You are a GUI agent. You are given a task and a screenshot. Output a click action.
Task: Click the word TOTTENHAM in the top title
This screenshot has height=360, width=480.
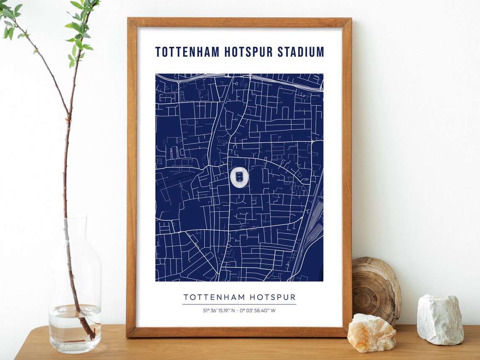[x=187, y=52]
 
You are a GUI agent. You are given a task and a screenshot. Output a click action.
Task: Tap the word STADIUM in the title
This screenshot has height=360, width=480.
[x=301, y=52]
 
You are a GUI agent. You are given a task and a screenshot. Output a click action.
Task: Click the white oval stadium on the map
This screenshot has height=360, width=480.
[x=240, y=177]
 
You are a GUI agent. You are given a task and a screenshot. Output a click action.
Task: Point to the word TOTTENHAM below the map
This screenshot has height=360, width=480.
[x=214, y=297]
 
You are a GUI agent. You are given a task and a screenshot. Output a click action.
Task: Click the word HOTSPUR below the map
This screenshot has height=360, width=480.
[x=272, y=297]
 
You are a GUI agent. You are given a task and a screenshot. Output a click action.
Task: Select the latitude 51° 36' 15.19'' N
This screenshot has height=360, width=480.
[x=219, y=311]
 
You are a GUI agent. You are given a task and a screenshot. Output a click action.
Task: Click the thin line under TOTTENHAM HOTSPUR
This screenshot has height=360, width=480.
[x=239, y=304]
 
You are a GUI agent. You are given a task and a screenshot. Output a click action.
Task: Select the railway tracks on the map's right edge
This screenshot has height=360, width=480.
[x=312, y=236]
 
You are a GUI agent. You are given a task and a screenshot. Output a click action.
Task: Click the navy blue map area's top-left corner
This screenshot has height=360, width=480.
[x=156, y=75]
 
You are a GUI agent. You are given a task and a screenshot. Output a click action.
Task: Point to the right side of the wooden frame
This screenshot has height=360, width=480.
[x=347, y=177]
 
